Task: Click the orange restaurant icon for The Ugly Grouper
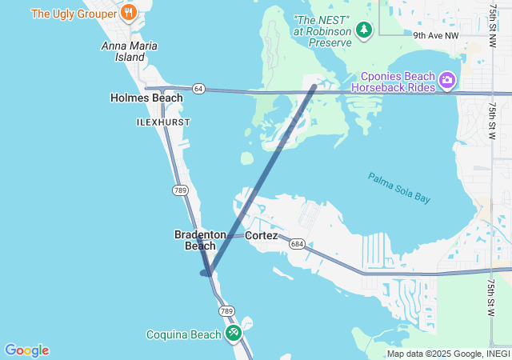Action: (129, 13)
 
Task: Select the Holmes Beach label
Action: (146, 98)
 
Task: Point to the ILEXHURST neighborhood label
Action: (163, 122)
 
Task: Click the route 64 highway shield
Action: (198, 89)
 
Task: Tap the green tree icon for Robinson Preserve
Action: (365, 30)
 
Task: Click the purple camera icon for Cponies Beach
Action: (446, 80)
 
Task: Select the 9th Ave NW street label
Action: (436, 35)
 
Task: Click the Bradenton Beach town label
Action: (200, 240)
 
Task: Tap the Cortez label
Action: (262, 235)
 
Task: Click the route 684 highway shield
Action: (297, 243)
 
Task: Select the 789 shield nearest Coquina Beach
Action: (226, 310)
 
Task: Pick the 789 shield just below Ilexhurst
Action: (180, 190)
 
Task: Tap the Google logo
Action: (26, 350)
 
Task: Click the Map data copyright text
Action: (449, 354)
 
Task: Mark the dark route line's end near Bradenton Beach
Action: (206, 273)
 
